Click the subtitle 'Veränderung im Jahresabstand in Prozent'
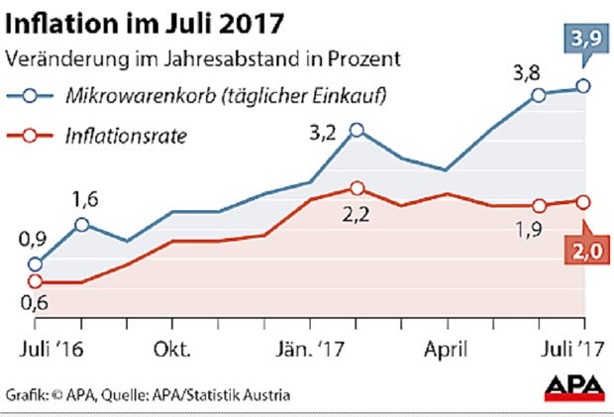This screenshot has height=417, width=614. [x=203, y=57]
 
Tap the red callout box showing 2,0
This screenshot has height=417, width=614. [x=584, y=253]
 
